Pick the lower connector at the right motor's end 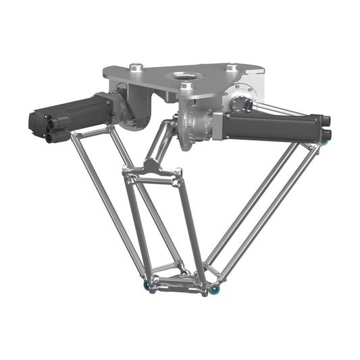pos(327,135)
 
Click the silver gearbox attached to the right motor pos(199,125)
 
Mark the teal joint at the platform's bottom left pos(147,286)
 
